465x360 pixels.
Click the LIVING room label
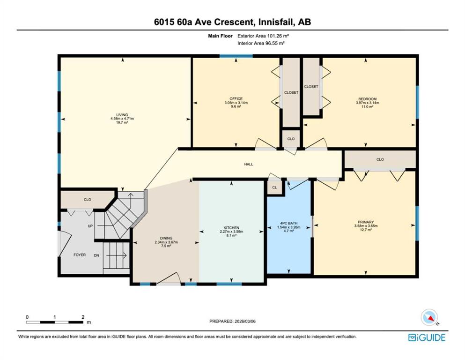point(122,114)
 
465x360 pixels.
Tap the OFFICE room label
point(236,99)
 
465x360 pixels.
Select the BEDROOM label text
point(368,99)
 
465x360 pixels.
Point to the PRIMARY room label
point(366,222)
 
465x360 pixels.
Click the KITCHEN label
point(231,228)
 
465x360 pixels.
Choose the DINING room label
point(166,238)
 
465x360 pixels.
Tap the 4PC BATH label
point(289,223)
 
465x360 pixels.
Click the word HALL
point(249,164)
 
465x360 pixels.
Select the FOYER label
point(80,255)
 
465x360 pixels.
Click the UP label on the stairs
point(90,226)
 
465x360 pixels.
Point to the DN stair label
point(96,255)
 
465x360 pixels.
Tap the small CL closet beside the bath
point(274,187)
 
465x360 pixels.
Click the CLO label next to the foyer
point(87,199)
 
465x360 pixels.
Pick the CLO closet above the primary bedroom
point(380,159)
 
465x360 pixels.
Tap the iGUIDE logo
point(427,337)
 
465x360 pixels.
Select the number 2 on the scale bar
point(83,317)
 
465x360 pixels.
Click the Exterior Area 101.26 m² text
point(263,36)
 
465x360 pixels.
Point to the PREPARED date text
point(232,321)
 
